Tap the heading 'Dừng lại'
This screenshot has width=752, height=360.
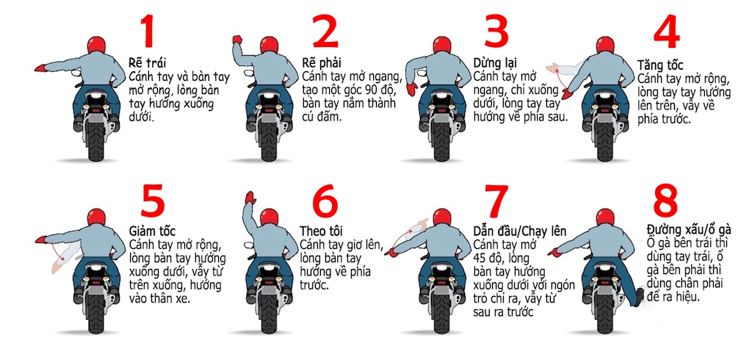tap(493, 63)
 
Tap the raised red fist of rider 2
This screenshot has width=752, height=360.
tap(236, 40)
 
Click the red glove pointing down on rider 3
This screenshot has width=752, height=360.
tap(412, 90)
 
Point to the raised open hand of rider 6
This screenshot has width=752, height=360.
tap(250, 197)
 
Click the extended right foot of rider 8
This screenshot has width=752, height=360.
tap(640, 296)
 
